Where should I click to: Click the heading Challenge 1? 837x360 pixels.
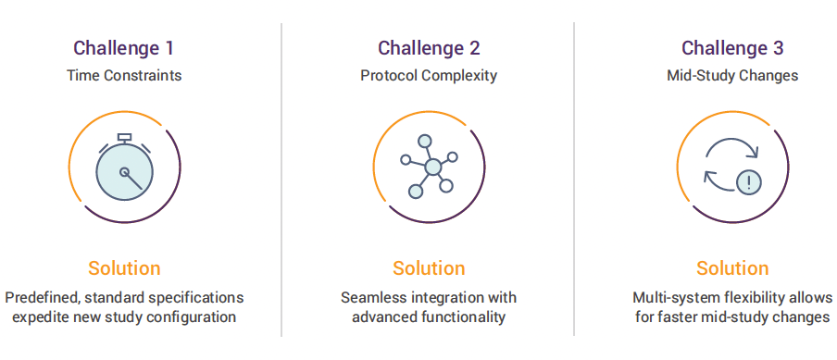(x=123, y=48)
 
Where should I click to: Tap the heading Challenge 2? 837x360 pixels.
(x=430, y=48)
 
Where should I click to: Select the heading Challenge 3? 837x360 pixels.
(x=732, y=48)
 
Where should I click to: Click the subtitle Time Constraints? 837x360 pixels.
(x=124, y=75)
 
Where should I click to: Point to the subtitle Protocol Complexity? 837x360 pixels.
(x=429, y=75)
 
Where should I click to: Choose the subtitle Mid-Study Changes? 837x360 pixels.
(x=732, y=75)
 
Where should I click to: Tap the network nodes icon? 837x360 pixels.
(x=430, y=166)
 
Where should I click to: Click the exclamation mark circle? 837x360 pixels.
(x=749, y=183)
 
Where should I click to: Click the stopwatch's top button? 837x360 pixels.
(x=124, y=138)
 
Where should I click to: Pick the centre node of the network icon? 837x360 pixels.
(x=433, y=167)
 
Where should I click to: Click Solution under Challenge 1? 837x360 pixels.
(x=124, y=267)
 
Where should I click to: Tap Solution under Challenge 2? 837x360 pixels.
(x=429, y=267)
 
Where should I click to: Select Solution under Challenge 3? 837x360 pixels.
(x=732, y=267)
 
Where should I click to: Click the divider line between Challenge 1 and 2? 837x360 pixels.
(x=281, y=180)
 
